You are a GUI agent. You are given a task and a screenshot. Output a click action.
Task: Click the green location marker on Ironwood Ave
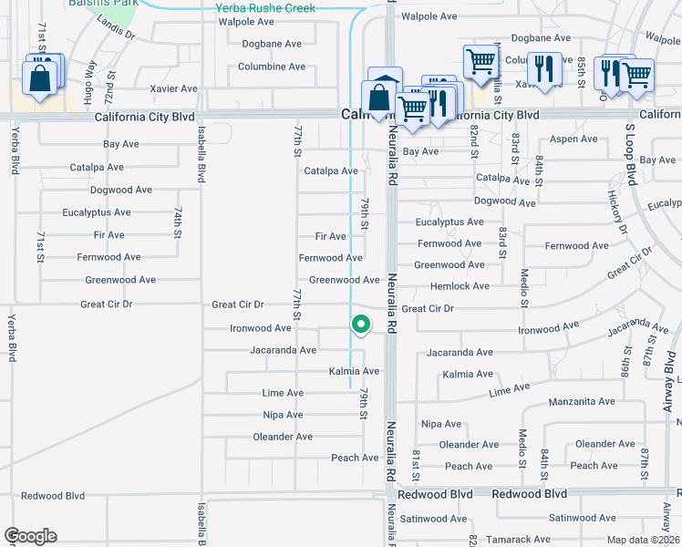(x=361, y=324)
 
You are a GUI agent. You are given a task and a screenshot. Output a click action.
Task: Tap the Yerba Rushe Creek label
(x=264, y=8)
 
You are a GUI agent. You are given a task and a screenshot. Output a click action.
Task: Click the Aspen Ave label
(x=574, y=139)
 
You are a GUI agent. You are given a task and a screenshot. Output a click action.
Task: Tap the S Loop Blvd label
(x=629, y=144)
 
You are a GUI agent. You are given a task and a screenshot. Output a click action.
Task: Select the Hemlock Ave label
(x=460, y=286)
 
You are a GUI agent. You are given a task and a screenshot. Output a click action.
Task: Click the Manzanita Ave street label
(x=582, y=401)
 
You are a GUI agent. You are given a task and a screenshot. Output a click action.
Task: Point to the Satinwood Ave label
(x=433, y=519)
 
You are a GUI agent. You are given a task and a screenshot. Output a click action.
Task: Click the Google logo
(x=30, y=536)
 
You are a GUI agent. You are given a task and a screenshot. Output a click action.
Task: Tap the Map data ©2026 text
(x=642, y=540)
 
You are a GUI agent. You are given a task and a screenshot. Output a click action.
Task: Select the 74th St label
(x=179, y=222)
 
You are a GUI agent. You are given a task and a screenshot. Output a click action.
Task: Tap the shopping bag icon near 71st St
(x=40, y=78)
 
